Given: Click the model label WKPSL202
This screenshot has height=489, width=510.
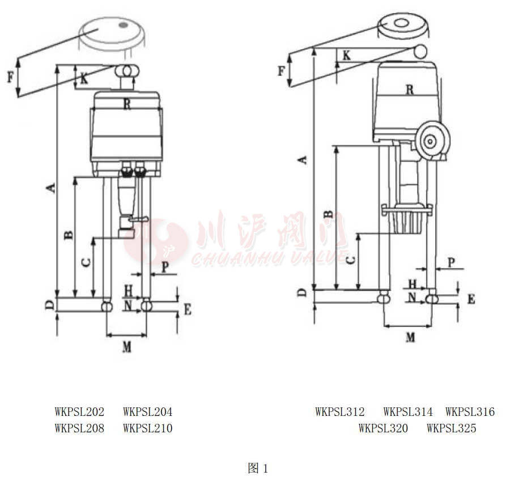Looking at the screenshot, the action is (79, 412).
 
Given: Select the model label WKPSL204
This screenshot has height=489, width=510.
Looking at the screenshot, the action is (148, 412).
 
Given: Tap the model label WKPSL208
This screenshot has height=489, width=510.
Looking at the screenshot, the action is (79, 428).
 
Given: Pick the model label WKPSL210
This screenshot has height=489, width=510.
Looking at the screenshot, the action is (148, 428).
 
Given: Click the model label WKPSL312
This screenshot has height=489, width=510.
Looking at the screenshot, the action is (340, 412).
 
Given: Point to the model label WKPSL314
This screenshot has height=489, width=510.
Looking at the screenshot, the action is (408, 412).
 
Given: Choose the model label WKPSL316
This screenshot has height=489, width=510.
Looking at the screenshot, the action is (470, 412).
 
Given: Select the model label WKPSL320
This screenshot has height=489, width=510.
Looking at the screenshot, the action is (383, 428).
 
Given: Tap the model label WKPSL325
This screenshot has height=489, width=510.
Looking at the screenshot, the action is (452, 428).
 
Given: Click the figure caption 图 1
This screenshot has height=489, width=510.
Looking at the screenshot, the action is (258, 469).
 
